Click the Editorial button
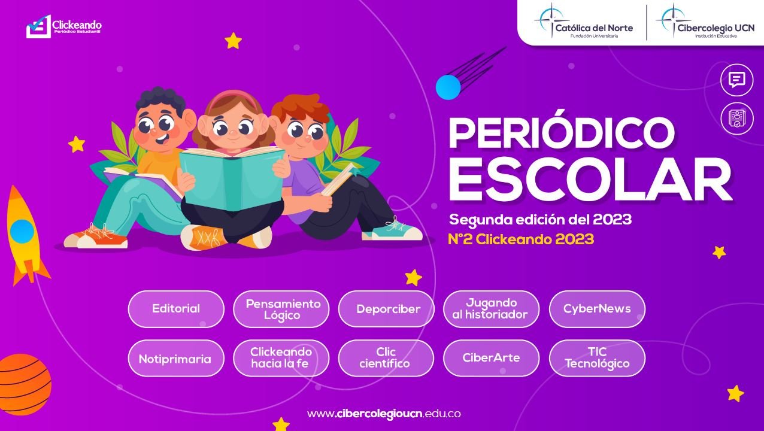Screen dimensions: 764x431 tap(176, 309)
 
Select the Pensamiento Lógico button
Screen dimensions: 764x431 tap(281, 309)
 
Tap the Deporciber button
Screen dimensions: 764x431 tap(386, 309)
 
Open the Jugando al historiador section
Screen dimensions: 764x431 tap(491, 309)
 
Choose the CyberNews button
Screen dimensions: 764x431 tap(597, 309)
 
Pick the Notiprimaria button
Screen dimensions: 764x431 tap(176, 358)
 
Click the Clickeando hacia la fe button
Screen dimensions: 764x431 tap(281, 358)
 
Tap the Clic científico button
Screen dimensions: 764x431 tap(386, 358)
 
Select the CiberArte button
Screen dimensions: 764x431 tap(491, 358)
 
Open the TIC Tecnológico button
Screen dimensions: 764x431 tap(597, 358)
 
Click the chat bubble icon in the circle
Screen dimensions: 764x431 tap(736, 80)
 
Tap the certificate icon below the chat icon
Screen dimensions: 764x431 tap(736, 119)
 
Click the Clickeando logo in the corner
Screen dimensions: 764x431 tap(64, 26)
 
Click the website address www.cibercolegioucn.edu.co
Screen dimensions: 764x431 tap(384, 414)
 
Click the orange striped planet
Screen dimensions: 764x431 tap(24, 384)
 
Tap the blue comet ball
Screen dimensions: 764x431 tap(448, 87)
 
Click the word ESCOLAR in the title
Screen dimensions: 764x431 tap(590, 180)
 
